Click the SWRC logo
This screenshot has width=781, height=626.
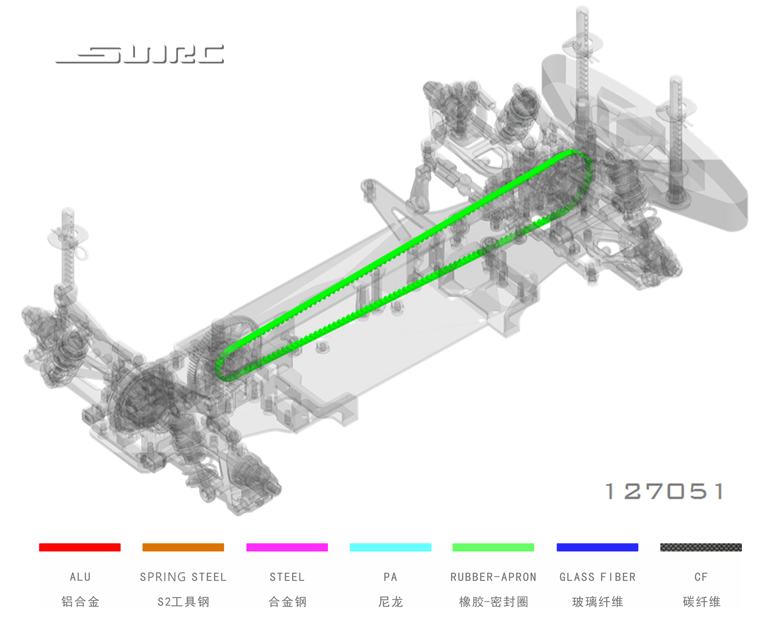(x=140, y=54)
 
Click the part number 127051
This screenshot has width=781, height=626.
(x=664, y=491)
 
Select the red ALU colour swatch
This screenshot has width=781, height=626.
(x=80, y=547)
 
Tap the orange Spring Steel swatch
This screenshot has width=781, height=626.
(x=183, y=547)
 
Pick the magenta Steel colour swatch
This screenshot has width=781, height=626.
(x=287, y=547)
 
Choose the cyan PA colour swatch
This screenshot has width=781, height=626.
(x=391, y=547)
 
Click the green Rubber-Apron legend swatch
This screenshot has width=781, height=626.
(x=493, y=547)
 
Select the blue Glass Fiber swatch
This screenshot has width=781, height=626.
(x=597, y=547)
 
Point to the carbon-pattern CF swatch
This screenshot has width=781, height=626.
(x=701, y=547)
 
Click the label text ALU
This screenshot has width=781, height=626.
(x=80, y=577)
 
